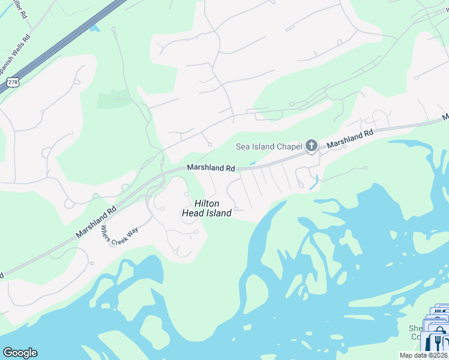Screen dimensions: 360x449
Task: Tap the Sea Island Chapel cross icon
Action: click(x=311, y=145)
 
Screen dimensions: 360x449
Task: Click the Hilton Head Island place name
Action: click(x=207, y=208)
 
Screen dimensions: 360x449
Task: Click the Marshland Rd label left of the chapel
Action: click(x=210, y=169)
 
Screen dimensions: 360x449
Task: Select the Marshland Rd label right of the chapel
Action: click(x=351, y=139)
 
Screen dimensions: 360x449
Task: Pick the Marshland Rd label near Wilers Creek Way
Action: click(x=96, y=222)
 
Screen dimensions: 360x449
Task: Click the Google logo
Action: click(x=20, y=353)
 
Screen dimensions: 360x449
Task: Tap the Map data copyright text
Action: click(x=423, y=355)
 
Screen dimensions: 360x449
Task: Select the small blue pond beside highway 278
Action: click(x=93, y=26)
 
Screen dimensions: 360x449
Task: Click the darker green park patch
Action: click(x=114, y=99)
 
